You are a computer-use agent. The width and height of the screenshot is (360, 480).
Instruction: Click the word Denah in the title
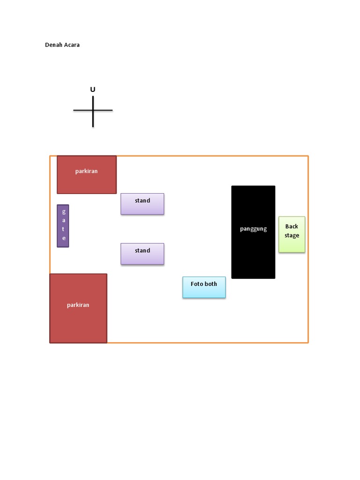[54, 45]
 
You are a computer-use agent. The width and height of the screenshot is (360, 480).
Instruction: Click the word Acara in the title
[72, 45]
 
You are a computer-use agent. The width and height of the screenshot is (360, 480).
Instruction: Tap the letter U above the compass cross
[93, 90]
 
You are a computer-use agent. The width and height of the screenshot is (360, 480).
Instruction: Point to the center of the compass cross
[93, 111]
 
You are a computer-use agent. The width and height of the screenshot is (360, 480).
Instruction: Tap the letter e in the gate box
[64, 238]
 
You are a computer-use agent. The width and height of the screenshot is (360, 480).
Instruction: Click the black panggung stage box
[253, 248]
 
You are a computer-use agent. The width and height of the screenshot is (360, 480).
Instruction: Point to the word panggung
[253, 229]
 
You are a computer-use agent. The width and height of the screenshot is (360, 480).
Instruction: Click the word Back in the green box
[292, 226]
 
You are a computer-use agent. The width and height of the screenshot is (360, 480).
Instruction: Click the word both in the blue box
[211, 284]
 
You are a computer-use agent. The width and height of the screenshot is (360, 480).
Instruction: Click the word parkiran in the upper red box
[86, 171]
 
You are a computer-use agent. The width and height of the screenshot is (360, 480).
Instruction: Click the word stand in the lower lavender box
[142, 250]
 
